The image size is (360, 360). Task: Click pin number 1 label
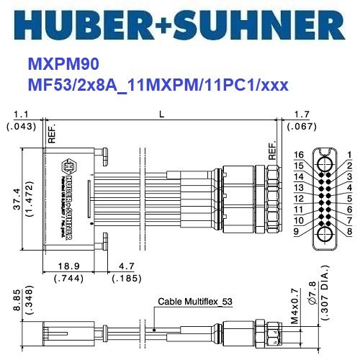point(348,155)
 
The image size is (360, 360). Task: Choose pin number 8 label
point(348,231)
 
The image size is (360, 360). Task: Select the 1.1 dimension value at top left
point(21,113)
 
